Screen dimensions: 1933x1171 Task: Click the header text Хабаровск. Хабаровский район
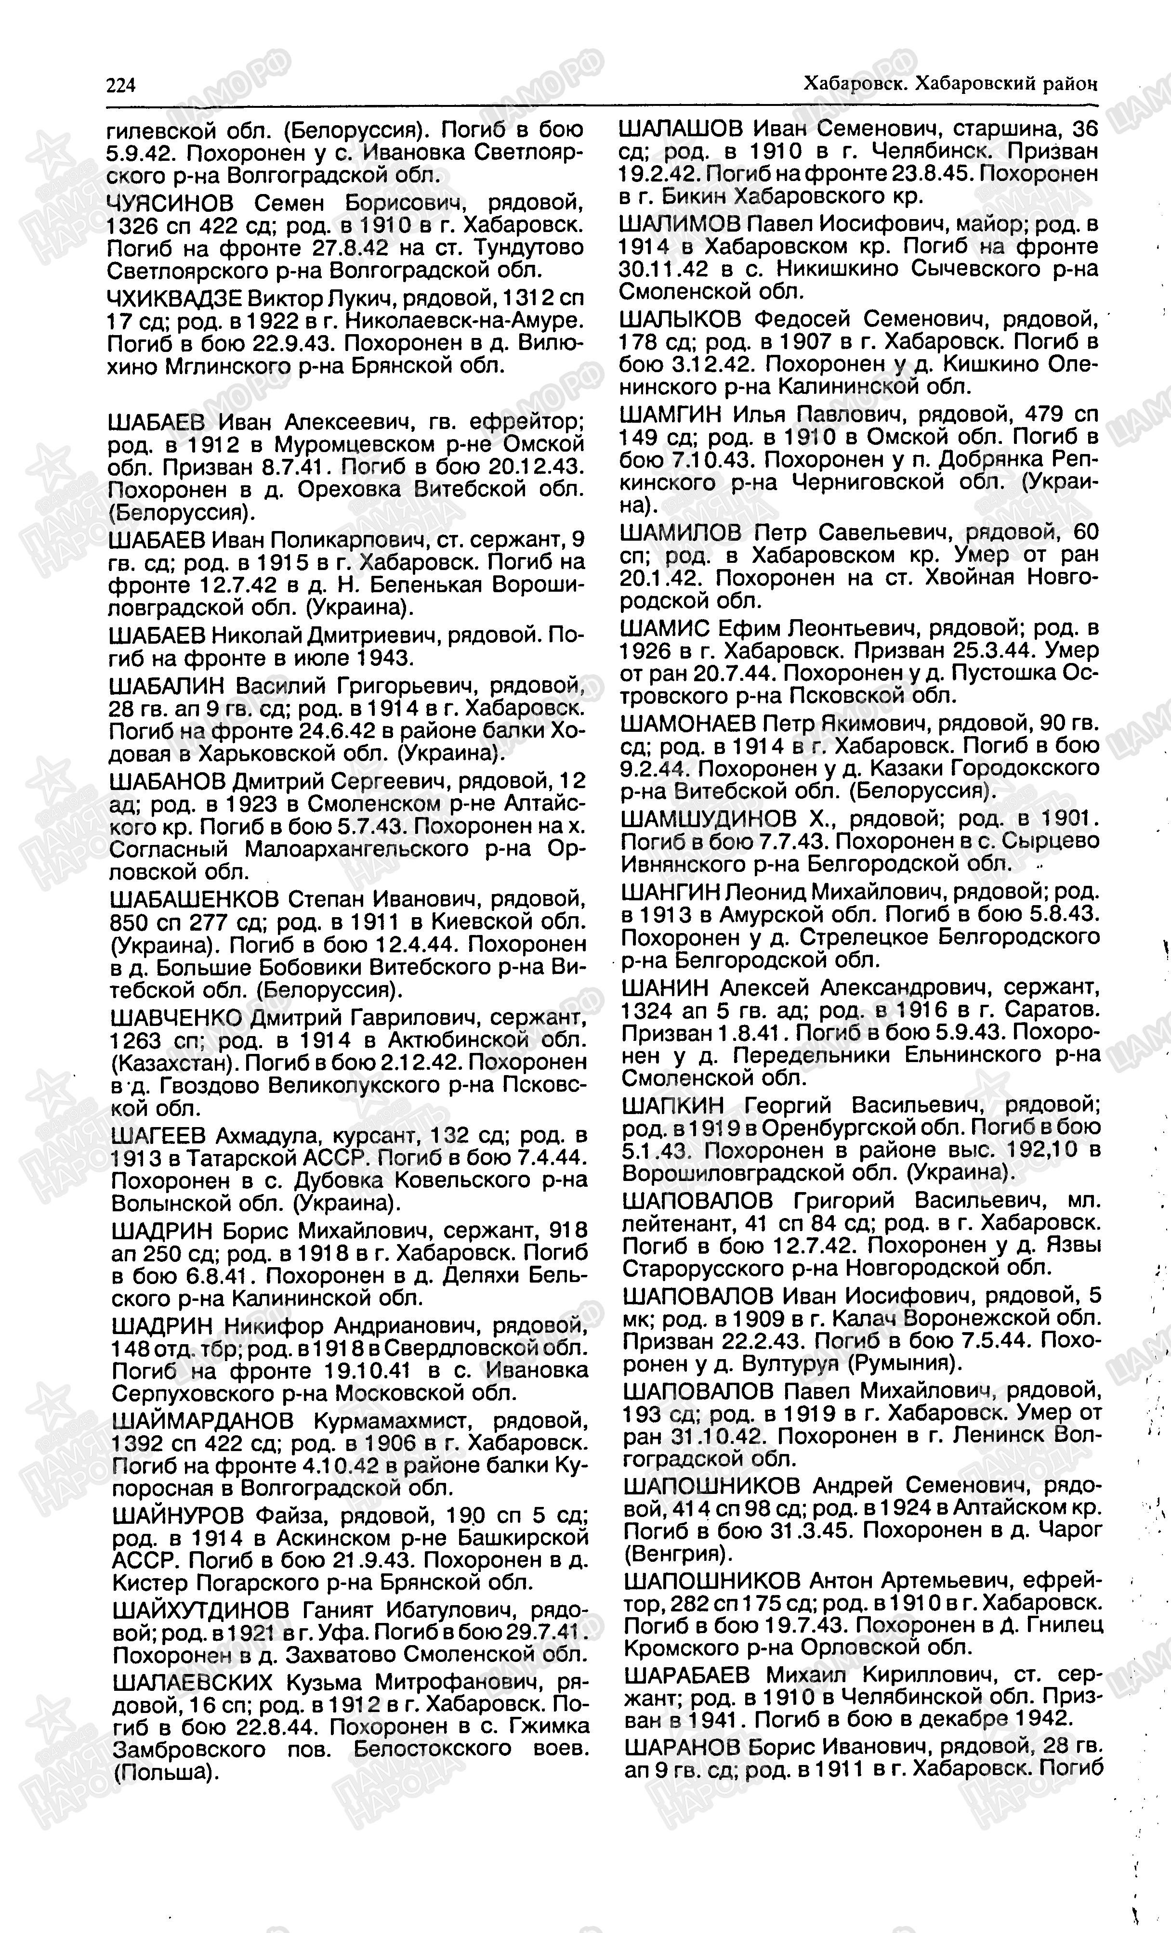(950, 83)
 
